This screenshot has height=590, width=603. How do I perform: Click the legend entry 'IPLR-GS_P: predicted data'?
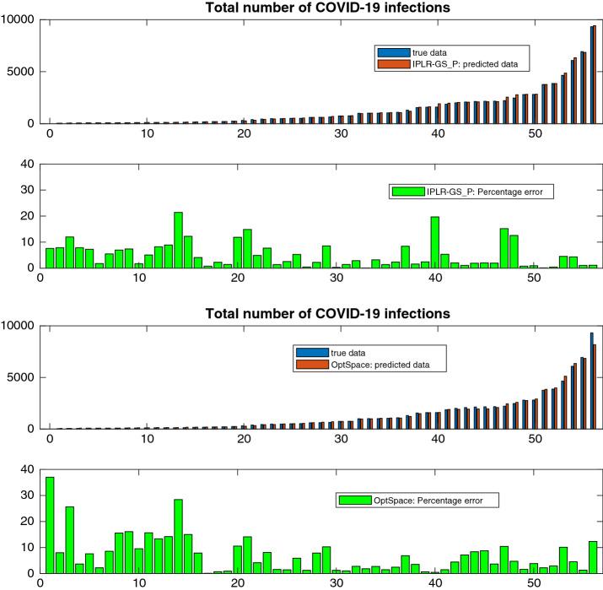pyautogui.click(x=462, y=62)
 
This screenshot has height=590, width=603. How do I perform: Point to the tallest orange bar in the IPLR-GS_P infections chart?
pyautogui.click(x=595, y=74)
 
